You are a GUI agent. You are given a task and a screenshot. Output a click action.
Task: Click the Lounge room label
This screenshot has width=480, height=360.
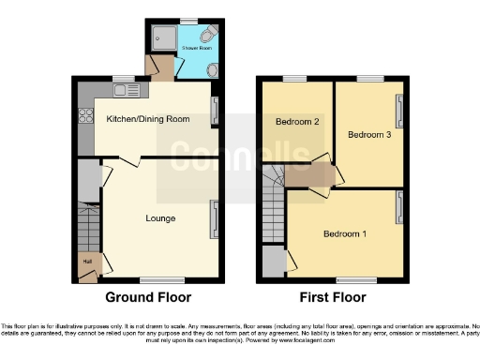[159, 218]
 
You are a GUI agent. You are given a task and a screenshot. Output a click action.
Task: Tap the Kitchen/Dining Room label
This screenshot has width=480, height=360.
[147, 119]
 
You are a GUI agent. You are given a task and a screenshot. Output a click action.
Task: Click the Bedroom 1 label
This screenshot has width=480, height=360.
[346, 232]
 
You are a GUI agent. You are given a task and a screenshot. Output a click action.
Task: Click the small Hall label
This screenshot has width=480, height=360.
[86, 262]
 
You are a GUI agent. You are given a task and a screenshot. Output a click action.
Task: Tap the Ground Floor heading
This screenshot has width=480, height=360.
[148, 297]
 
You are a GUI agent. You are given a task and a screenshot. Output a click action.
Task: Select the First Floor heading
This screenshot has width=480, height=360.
[332, 297]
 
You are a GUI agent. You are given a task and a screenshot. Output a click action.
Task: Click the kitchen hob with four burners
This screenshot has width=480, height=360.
[84, 116]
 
